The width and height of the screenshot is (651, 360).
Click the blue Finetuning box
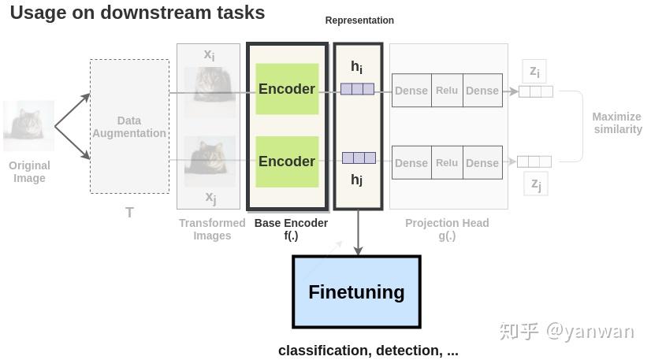click(x=356, y=291)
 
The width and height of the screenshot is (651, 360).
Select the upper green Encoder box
click(x=287, y=89)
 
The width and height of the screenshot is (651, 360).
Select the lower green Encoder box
click(x=287, y=161)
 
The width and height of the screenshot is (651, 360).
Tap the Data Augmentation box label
click(x=129, y=127)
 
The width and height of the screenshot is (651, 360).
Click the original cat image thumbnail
click(x=29, y=126)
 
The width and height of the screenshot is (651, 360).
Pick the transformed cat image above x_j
click(x=210, y=161)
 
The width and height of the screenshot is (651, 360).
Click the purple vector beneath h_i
click(x=358, y=89)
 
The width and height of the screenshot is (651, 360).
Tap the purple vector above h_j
click(x=359, y=158)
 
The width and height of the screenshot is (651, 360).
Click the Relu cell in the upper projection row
click(x=447, y=91)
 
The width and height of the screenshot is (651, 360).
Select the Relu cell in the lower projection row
click(x=447, y=162)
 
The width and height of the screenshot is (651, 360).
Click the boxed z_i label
click(x=534, y=72)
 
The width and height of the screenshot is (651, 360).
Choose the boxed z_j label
click(x=535, y=184)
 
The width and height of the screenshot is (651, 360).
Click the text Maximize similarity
click(x=617, y=123)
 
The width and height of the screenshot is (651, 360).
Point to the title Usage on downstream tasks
click(x=137, y=13)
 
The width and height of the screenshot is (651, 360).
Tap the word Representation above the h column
click(x=359, y=20)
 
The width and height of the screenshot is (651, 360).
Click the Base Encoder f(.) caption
click(x=291, y=229)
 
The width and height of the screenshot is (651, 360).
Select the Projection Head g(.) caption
click(x=447, y=229)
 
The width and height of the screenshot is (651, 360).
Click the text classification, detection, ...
click(x=368, y=351)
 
